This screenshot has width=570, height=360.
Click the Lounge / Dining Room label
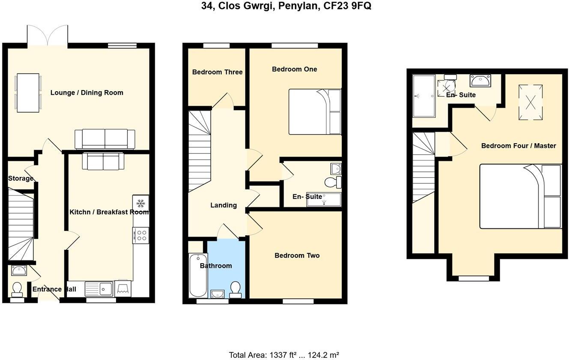(87, 93)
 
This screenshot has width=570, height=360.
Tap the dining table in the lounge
(28, 93)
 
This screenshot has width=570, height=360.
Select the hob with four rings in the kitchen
(141, 235)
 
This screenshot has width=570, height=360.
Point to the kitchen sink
(99, 289)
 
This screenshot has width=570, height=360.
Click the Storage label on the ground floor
(21, 178)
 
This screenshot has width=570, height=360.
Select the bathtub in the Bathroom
(197, 275)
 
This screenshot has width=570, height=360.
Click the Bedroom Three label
(217, 72)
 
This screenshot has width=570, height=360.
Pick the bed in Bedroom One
(315, 111)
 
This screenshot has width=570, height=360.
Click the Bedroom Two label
(297, 255)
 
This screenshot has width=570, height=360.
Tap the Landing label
(224, 205)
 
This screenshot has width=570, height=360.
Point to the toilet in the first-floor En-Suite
(332, 183)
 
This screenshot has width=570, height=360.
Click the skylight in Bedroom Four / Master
(531, 102)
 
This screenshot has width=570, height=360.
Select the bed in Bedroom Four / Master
(520, 196)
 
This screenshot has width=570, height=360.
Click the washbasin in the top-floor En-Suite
(480, 80)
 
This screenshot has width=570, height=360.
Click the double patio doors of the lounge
(48, 35)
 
